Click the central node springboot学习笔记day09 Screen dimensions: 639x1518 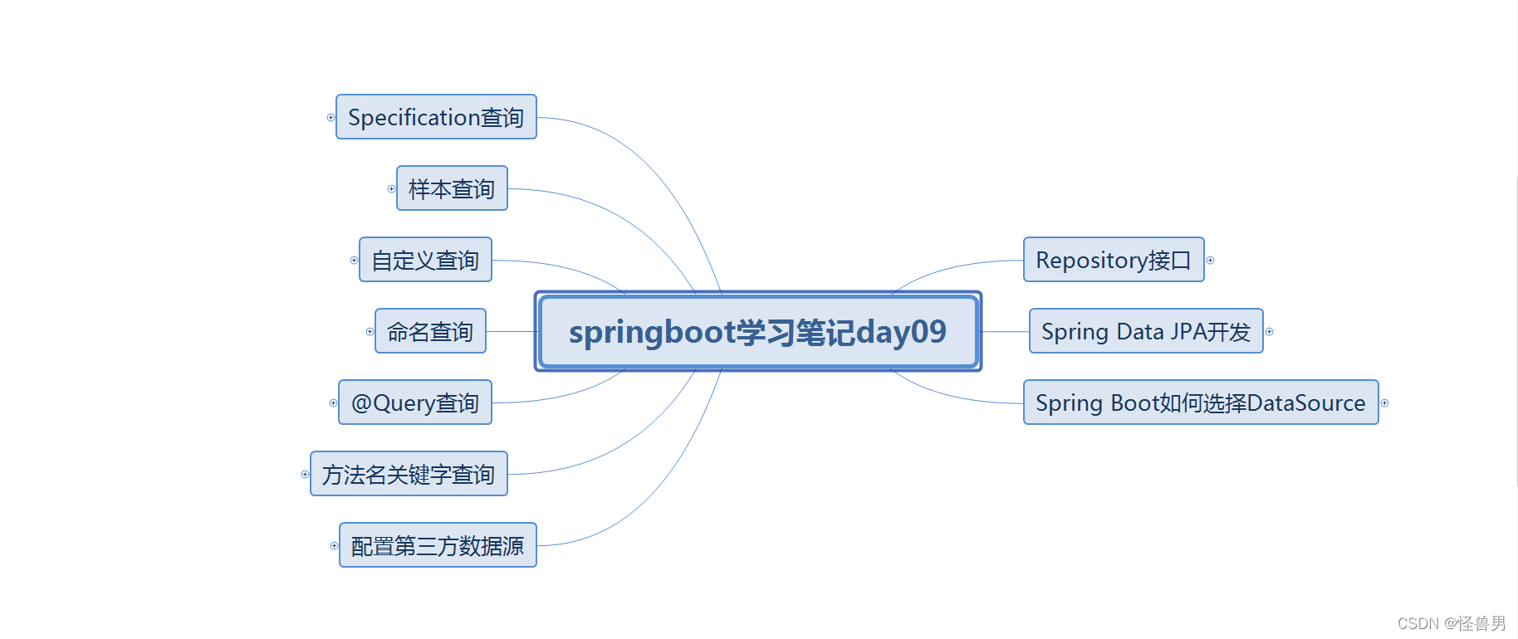[x=757, y=331]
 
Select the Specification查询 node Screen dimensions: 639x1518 [x=436, y=117]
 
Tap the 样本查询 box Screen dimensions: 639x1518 [x=452, y=188]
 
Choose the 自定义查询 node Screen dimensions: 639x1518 [x=425, y=260]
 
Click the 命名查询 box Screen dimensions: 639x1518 [x=430, y=331]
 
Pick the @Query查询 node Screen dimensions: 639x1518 [x=415, y=402]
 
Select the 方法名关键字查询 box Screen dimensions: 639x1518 [x=409, y=474]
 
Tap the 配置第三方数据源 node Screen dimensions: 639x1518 [x=438, y=545]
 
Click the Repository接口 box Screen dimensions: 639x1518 [x=1114, y=260]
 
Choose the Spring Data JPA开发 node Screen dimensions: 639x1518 [x=1146, y=331]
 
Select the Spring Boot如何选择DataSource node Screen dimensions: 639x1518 [x=1201, y=402]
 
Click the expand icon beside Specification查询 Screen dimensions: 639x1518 [x=331, y=118]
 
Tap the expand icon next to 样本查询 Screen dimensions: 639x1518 [x=391, y=189]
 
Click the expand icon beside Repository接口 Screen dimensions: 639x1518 [x=1210, y=261]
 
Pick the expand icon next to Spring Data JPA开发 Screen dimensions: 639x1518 [x=1269, y=332]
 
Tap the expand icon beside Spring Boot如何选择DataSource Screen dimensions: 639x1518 [x=1384, y=403]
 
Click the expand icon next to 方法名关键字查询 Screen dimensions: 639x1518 [x=305, y=475]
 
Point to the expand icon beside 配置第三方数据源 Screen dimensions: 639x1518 [x=334, y=546]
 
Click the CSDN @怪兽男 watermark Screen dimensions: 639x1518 [x=1451, y=623]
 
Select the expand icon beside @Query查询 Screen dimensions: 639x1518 [x=333, y=403]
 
